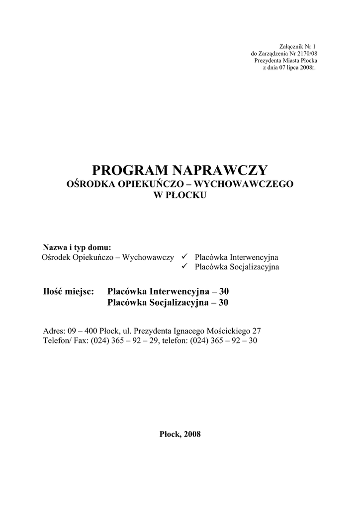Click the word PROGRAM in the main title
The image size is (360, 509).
coord(130,170)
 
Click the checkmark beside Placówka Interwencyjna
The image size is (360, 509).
coord(183,256)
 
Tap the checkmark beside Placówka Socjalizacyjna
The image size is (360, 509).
coord(183,266)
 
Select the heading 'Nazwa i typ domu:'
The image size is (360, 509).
coord(77,247)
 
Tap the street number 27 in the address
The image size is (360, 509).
coord(257,331)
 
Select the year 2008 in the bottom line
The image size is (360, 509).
coord(192,434)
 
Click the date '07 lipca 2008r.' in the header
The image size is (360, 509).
coord(296,67)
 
